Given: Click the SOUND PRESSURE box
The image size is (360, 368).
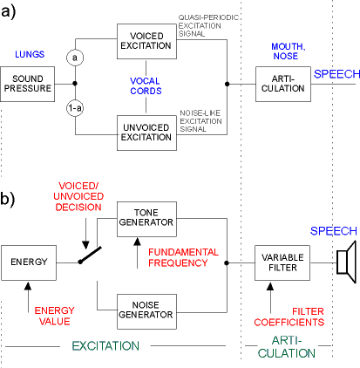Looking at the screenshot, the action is (27, 84).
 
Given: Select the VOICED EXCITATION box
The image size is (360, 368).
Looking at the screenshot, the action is (146, 41).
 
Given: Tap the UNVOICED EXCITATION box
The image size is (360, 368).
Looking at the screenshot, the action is (146, 133).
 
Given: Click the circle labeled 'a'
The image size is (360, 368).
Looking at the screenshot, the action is (75, 58).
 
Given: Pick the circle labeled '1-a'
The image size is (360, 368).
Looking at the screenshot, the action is (75, 108).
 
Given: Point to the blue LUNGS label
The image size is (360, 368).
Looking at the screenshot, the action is (30, 54).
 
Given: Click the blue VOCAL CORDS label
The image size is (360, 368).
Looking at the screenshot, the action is (146, 86).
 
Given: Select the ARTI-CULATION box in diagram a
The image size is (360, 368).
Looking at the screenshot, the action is (283, 84).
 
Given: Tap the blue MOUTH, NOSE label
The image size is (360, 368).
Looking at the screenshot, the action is (288, 51).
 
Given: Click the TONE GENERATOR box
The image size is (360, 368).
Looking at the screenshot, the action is (146, 219).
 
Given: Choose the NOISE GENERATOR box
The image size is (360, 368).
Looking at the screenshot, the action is (146, 311).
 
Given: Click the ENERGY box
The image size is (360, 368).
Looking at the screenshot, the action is (29, 262).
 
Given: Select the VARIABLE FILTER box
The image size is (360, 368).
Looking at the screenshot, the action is (282, 262).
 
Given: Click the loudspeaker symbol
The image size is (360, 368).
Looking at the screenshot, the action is (346, 262).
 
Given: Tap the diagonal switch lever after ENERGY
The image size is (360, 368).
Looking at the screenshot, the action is (90, 255).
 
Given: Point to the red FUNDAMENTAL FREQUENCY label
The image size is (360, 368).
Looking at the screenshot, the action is (183, 257).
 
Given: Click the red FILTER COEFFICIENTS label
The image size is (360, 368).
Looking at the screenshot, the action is (289, 317).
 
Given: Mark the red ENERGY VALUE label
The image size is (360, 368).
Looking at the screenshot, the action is (55, 316).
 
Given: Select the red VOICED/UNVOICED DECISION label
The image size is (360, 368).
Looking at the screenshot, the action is (78, 196).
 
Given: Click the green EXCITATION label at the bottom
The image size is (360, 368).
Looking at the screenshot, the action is (105, 346).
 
